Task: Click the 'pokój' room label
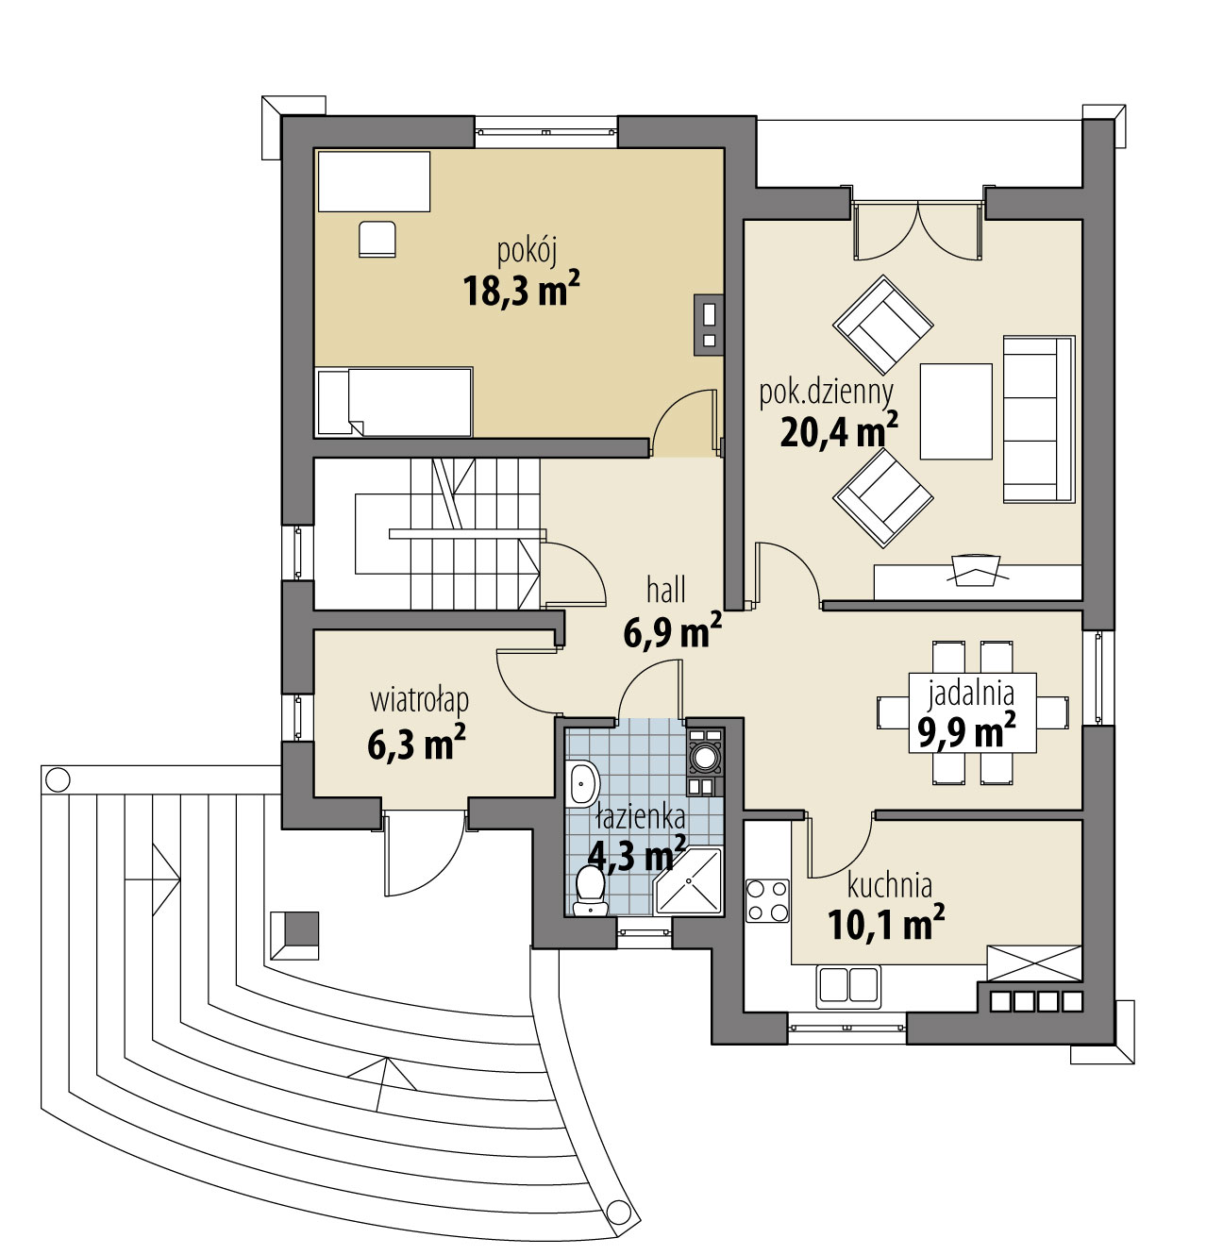527,252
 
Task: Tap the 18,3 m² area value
521,290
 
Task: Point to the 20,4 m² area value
839,431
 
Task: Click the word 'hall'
665,590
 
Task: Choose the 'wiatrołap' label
419,701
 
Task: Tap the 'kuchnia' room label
890,886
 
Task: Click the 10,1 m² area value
886,924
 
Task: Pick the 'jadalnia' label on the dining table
971,693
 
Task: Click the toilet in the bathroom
590,891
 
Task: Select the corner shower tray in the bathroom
688,881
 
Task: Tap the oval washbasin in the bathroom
583,783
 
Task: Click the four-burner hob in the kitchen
767,901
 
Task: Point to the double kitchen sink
848,987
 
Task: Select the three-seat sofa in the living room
1039,419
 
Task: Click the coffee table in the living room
956,411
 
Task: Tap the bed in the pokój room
394,402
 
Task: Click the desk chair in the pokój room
377,239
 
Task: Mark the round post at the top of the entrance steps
59,780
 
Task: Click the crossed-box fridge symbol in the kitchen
1034,963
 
